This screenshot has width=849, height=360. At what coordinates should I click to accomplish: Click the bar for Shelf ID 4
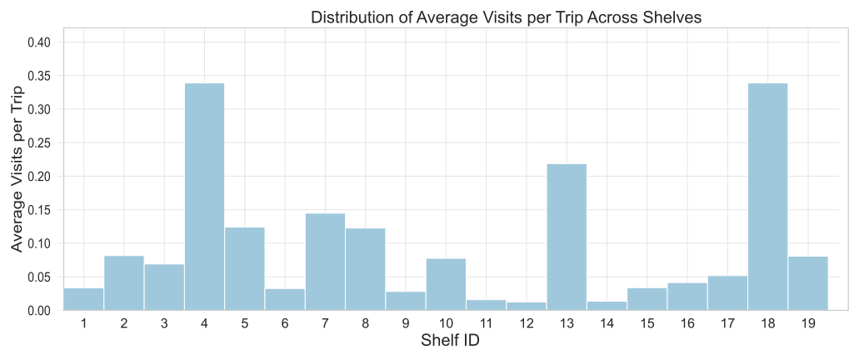pyautogui.click(x=204, y=197)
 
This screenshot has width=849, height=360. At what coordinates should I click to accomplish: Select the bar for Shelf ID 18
pyautogui.click(x=767, y=197)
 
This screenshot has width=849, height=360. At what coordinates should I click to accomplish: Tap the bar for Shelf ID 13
pyautogui.click(x=567, y=237)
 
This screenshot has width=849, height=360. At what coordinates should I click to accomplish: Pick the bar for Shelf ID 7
pyautogui.click(x=325, y=262)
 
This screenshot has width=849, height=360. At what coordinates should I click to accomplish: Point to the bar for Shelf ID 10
pyautogui.click(x=446, y=284)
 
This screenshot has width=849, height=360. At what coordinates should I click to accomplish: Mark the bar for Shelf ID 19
pyautogui.click(x=807, y=283)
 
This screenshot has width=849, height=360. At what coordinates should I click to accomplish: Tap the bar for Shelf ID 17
pyautogui.click(x=727, y=292)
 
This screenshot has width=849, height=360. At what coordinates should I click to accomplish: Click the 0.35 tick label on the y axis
pyautogui.click(x=38, y=76)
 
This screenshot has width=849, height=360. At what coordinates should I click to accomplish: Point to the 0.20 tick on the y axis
pyautogui.click(x=38, y=177)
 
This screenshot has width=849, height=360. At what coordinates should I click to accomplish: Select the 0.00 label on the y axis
pyautogui.click(x=38, y=311)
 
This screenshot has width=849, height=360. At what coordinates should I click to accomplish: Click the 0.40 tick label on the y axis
pyautogui.click(x=38, y=42)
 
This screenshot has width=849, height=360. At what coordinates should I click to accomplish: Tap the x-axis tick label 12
pyautogui.click(x=526, y=322)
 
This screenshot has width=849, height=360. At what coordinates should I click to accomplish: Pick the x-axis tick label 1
pyautogui.click(x=83, y=322)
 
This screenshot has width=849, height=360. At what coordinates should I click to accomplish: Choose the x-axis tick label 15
pyautogui.click(x=647, y=322)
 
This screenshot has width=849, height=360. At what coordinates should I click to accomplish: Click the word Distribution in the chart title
pyautogui.click(x=348, y=17)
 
